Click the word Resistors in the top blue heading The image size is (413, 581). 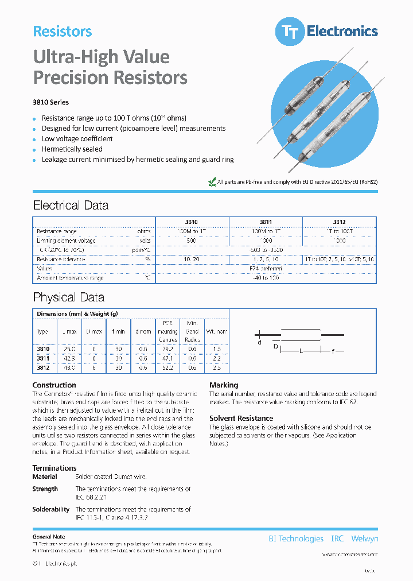[63, 32]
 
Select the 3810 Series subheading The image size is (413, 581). [50, 103]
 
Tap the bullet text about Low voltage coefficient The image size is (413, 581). [77, 139]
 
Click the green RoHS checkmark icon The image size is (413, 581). [211, 181]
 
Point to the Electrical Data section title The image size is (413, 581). [71, 206]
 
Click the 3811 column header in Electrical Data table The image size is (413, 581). [266, 222]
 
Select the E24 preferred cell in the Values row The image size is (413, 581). [266, 268]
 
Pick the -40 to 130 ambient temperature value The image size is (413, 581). [266, 278]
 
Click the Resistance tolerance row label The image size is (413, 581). [61, 259]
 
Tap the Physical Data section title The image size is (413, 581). [69, 297]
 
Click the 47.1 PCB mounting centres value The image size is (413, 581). [167, 358]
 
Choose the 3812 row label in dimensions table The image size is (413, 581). [43, 367]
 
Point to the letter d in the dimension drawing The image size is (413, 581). [259, 342]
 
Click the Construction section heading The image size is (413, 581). [54, 385]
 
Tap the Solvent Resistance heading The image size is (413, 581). [241, 419]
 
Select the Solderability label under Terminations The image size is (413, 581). [50, 509]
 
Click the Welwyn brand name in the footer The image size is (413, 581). [364, 539]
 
